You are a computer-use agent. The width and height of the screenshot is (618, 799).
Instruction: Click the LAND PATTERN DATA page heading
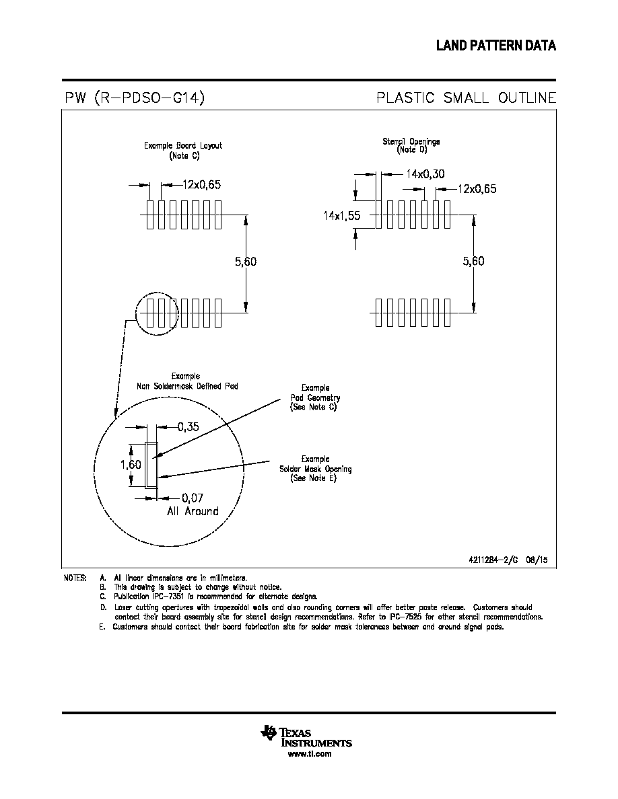coord(495,45)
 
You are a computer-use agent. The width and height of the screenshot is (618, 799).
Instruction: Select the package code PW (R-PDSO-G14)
coord(135,97)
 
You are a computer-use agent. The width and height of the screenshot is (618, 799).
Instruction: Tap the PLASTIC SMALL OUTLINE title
coord(466,98)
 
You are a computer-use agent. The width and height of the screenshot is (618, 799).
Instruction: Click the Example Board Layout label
coord(183,151)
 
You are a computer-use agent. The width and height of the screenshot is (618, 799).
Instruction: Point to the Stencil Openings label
coord(411,145)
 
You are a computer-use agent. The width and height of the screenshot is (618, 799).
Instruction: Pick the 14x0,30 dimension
coord(425,174)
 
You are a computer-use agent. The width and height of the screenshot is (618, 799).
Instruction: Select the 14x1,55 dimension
coord(341,215)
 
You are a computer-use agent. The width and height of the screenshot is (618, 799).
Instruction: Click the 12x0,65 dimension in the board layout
coord(201,184)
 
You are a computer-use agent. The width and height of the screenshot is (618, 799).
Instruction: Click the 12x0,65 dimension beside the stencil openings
coord(477,189)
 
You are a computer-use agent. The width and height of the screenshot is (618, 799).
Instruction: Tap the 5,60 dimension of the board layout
coord(246,262)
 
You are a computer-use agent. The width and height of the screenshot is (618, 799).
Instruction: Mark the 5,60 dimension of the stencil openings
coord(474,261)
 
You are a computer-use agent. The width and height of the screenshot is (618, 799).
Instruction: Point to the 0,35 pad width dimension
coord(188,427)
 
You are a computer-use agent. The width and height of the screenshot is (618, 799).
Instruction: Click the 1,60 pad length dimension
coord(131,464)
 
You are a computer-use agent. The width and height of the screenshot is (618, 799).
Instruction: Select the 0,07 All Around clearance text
coord(193,504)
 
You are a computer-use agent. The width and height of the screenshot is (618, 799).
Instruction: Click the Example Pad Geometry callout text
coord(315,397)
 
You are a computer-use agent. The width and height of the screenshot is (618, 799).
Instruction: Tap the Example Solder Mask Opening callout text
coord(315,469)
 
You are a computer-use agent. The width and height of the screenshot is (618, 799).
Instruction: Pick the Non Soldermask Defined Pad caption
coord(187,381)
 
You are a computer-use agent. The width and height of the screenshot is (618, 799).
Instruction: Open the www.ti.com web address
coord(310,754)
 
